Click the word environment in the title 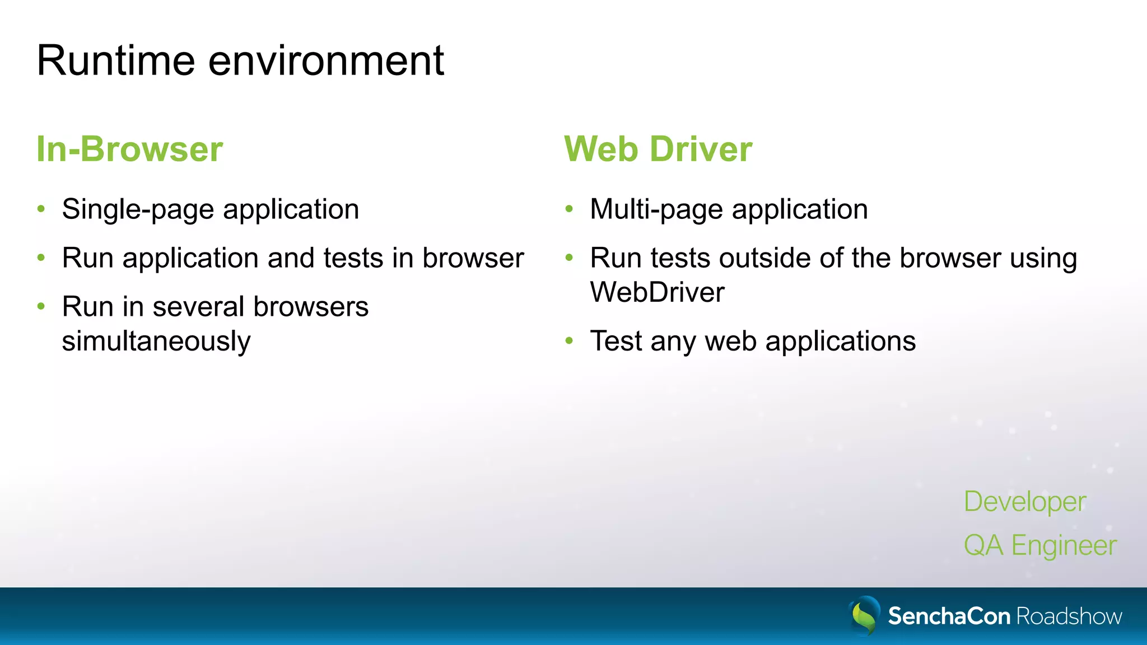coord(326,60)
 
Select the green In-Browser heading coord(130,149)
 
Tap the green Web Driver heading coord(658,149)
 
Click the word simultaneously coord(156,342)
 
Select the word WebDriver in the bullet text coord(657,292)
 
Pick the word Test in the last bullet coord(616,341)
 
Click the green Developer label coord(1024,502)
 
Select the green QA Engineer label coord(1040,545)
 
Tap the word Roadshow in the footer coord(1069,616)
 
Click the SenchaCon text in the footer coord(949,616)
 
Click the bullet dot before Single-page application coord(41,209)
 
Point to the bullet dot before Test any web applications coord(570,340)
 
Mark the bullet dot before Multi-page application coord(570,209)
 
